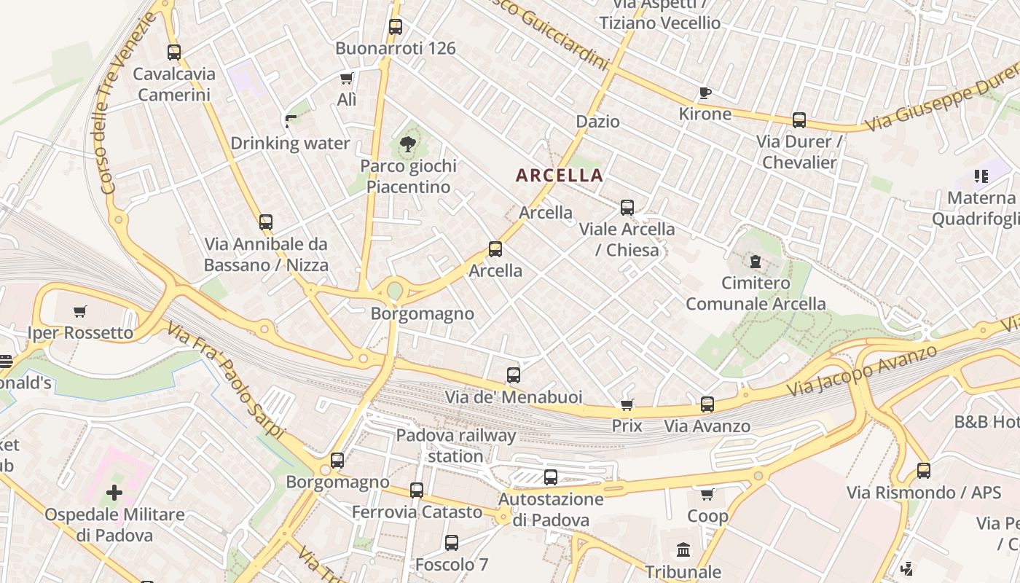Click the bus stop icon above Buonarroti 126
[x=395, y=27]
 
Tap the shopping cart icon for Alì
[x=347, y=78]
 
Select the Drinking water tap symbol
[x=291, y=121]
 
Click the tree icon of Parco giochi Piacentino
[x=408, y=144]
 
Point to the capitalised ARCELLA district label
[x=560, y=175]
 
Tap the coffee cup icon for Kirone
[x=705, y=93]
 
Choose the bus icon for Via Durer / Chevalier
[x=799, y=120]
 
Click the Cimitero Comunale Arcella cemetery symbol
[x=756, y=261]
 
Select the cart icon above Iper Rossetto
[x=80, y=311]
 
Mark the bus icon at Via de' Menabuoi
[x=514, y=375]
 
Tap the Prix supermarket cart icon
[x=627, y=404]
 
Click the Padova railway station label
[x=455, y=446]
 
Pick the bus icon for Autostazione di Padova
[x=551, y=477]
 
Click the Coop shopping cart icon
[x=707, y=495]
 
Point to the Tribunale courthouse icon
[x=683, y=549]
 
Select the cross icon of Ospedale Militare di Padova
[x=114, y=493]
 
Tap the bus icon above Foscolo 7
[x=452, y=542]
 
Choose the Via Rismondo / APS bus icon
[x=924, y=471]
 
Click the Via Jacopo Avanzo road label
[x=862, y=371]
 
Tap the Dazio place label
[x=597, y=122]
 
